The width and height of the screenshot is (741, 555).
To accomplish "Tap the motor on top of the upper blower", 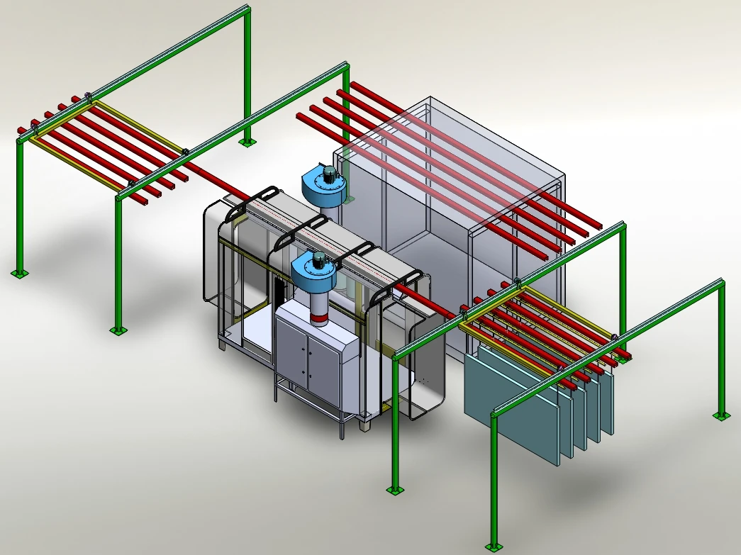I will (330, 172).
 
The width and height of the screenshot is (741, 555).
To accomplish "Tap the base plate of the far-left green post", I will (20, 273).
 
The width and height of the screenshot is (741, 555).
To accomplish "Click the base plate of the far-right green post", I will (721, 415).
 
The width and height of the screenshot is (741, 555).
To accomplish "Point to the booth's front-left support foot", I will (223, 345).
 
